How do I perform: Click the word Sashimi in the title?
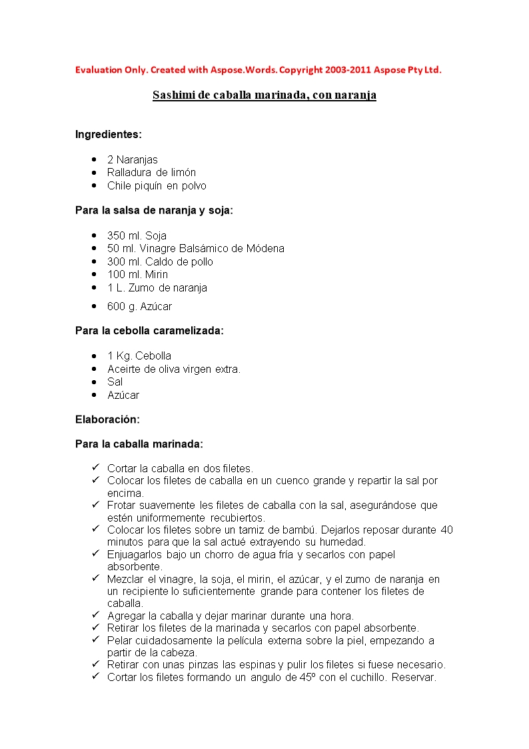coord(172,95)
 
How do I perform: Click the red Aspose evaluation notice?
coord(258,70)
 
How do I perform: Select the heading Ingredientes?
coord(108,134)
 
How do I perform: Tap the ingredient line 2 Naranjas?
coord(132,160)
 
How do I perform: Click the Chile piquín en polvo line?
coord(157,186)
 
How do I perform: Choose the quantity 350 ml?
coord(124,235)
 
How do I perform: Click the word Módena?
coord(265,249)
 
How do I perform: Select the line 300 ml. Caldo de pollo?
coord(160,261)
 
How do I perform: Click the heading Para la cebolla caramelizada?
coord(149,331)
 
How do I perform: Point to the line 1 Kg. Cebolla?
coord(139,356)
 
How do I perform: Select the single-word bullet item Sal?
coord(115,382)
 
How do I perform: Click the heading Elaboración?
coord(107,420)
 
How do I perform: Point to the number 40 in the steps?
coord(447,530)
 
